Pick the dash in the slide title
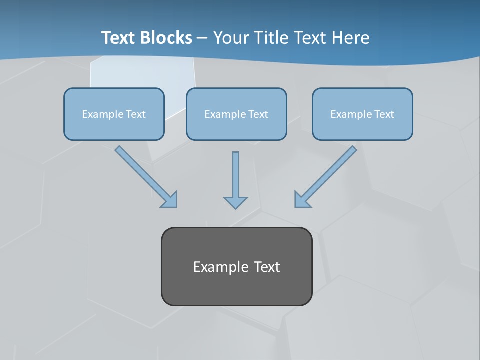(x=203, y=38)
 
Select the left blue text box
(x=114, y=114)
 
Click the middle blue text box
(x=236, y=114)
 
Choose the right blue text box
(x=362, y=114)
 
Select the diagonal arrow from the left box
(x=145, y=175)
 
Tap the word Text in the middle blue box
(x=258, y=114)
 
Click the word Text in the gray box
(x=267, y=267)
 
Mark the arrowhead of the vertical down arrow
(x=235, y=202)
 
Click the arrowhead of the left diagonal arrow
(x=170, y=200)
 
